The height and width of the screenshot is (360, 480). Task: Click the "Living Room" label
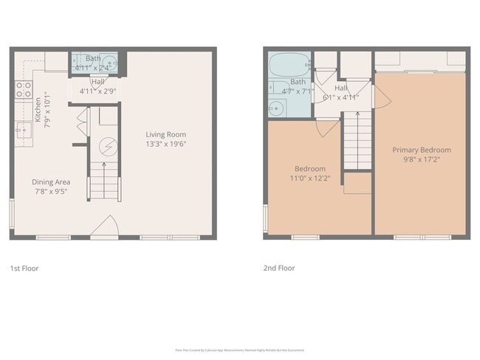[x=165, y=134]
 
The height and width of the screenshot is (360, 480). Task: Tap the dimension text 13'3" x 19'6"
[x=165, y=145]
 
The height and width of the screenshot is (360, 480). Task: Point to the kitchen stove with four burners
[x=24, y=90]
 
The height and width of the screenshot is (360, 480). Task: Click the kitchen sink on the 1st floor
[x=22, y=130]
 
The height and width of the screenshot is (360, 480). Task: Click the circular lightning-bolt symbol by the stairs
[x=109, y=146]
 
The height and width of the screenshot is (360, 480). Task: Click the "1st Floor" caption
[x=24, y=269]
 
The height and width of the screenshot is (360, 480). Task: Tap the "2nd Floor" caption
[x=279, y=269]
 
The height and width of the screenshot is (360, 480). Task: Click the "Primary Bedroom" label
[x=421, y=150]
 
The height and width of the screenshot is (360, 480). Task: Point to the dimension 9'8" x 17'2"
[x=421, y=159]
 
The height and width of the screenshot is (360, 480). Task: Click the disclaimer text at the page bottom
[x=239, y=350]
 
